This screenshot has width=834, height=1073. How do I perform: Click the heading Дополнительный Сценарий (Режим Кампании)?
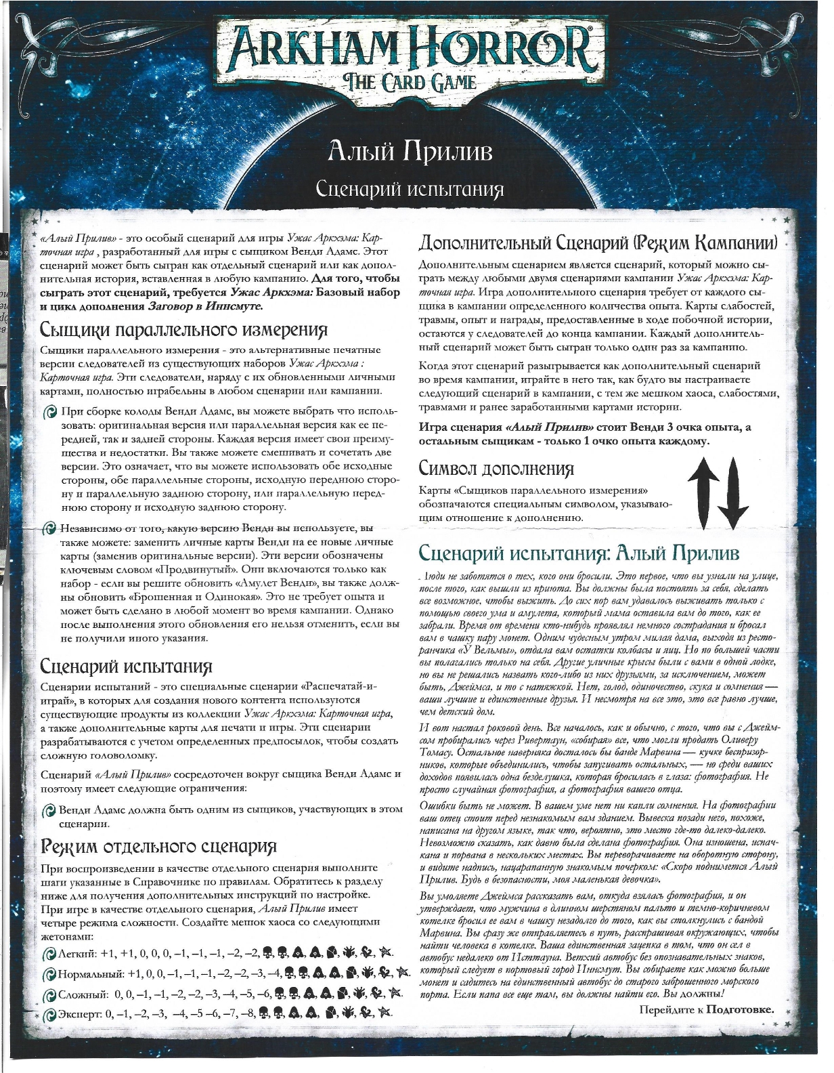[x=598, y=243]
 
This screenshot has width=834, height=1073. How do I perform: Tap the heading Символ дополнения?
[x=496, y=468]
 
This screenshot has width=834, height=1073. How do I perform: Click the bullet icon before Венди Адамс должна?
[x=48, y=810]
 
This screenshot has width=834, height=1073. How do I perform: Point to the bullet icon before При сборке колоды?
[x=49, y=412]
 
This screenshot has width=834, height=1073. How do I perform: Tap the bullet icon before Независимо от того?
[x=49, y=528]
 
